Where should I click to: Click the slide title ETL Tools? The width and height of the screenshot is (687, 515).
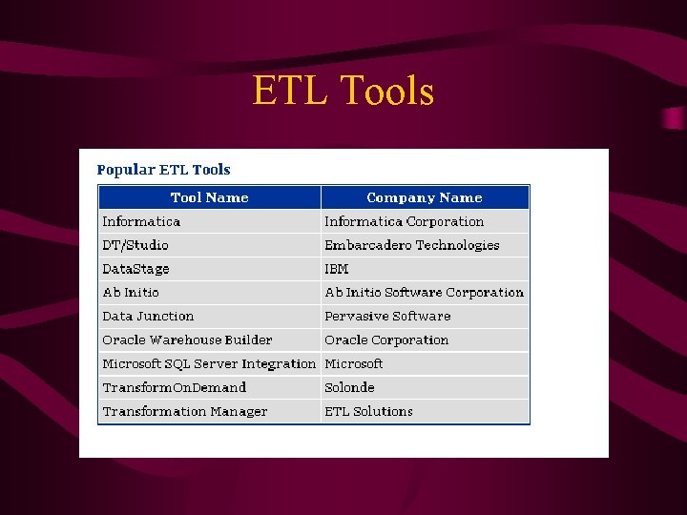[343, 92]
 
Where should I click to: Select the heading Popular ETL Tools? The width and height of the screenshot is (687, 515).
[163, 170]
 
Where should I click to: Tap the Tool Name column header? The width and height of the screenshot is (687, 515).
[209, 197]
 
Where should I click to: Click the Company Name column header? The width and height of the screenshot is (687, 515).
[425, 197]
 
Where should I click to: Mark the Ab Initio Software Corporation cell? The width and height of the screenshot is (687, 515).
[424, 293]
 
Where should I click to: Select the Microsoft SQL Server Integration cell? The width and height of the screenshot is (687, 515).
[209, 364]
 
